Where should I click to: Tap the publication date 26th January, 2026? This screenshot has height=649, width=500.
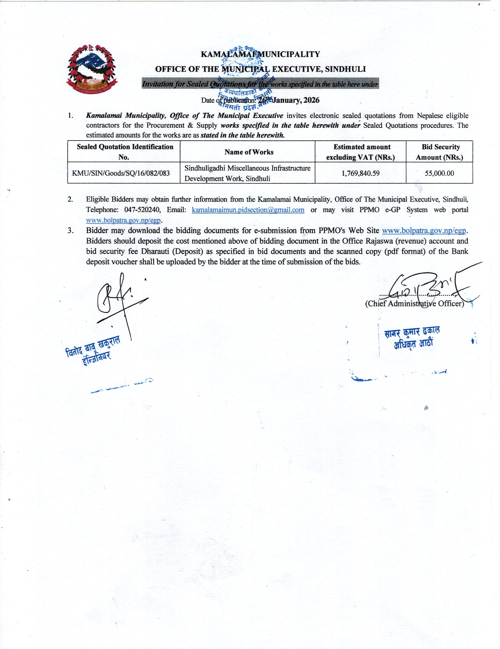[x=288, y=100]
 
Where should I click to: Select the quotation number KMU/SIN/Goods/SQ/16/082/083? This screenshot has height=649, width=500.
[x=121, y=173]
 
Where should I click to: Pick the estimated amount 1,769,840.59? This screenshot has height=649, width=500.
[x=360, y=173]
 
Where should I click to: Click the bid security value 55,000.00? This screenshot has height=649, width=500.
[x=439, y=173]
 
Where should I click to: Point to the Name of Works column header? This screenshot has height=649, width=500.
[x=249, y=152]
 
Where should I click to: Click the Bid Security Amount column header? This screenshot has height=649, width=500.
[x=439, y=152]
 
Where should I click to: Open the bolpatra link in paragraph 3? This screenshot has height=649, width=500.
[x=424, y=231]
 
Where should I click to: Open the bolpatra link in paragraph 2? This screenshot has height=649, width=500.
[x=123, y=220]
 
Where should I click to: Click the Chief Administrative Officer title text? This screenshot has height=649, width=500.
[x=414, y=304]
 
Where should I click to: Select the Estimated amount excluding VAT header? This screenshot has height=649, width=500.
[x=360, y=152]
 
